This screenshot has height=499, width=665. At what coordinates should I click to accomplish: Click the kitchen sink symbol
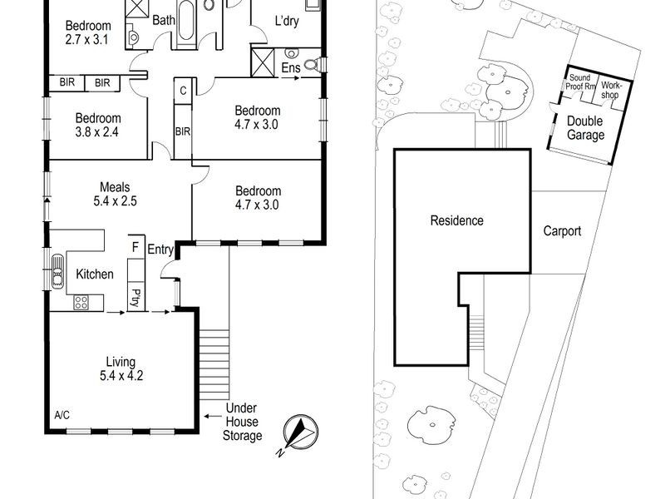57,271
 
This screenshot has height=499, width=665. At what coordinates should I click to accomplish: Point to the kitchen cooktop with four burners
81,303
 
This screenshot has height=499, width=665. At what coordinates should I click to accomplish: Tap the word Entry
161,249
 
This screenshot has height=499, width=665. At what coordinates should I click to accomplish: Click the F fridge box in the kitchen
135,247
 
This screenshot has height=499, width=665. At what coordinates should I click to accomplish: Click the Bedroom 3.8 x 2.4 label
98,125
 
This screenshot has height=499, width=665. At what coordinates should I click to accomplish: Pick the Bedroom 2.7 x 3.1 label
88,32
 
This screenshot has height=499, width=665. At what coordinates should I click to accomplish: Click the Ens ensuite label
291,67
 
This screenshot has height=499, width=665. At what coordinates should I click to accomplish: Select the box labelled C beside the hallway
182,91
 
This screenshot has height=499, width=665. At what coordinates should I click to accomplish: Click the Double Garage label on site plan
585,127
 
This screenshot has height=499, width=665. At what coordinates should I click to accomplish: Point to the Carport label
562,231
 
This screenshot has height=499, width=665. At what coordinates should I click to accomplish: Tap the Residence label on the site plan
456,220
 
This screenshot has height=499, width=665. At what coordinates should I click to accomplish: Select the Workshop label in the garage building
612,87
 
